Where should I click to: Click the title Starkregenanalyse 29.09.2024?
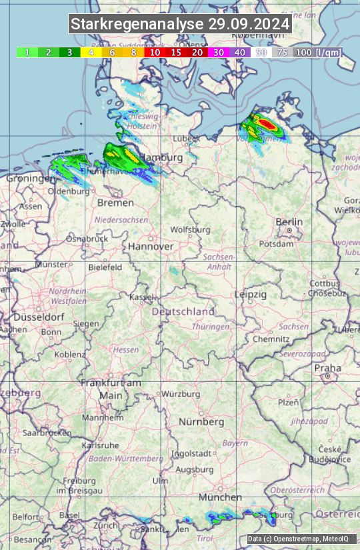(x=180, y=25)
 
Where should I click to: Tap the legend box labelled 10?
(x=155, y=52)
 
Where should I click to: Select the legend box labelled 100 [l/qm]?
(x=317, y=52)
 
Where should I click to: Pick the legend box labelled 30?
(x=218, y=52)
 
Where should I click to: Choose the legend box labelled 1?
(x=27, y=52)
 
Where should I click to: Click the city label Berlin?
(x=289, y=222)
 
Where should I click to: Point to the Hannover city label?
(x=151, y=246)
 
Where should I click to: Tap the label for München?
(x=219, y=497)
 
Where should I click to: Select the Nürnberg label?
(x=201, y=422)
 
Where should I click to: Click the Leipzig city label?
(x=251, y=294)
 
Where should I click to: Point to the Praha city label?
(x=328, y=368)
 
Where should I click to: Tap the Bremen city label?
(x=111, y=202)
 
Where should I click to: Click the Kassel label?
(x=141, y=297)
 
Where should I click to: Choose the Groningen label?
(x=31, y=179)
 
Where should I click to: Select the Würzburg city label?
(x=181, y=394)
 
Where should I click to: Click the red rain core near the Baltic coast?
(x=266, y=123)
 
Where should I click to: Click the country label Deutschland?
(x=183, y=311)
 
